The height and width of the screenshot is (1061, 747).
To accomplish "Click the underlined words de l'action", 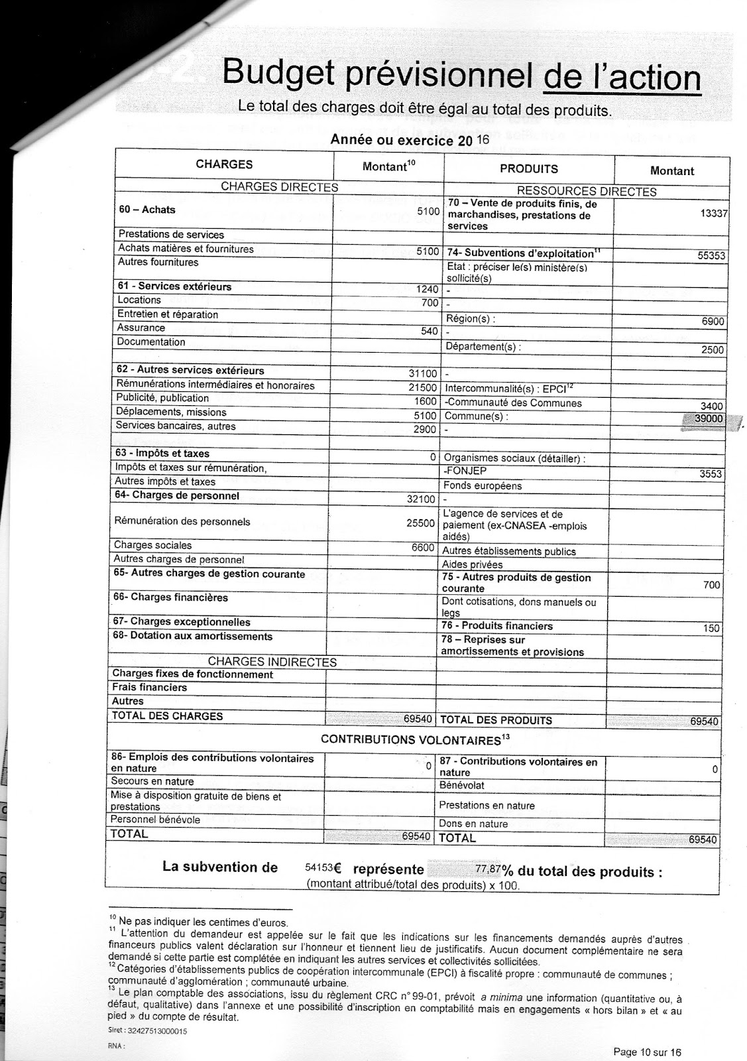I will (621, 78).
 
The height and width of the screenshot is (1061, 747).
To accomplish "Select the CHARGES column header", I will (224, 164).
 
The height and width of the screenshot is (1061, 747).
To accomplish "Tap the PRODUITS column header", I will (528, 169).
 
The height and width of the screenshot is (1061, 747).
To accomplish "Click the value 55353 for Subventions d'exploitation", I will (711, 255).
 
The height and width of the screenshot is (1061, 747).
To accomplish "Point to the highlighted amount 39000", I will (707, 419).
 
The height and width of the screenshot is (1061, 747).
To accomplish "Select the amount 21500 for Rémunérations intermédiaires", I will (423, 387).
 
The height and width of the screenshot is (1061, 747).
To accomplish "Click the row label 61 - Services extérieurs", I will (174, 287).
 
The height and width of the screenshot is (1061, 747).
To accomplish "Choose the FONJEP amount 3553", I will (711, 474).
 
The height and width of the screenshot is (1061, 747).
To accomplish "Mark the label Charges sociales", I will (144, 545).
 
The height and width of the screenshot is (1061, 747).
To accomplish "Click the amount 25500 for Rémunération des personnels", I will (422, 523).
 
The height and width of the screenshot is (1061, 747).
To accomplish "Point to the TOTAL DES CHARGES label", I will (167, 716).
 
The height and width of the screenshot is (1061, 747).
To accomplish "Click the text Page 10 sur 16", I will (647, 1052).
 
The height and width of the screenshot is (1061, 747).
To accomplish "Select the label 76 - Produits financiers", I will (496, 626).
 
